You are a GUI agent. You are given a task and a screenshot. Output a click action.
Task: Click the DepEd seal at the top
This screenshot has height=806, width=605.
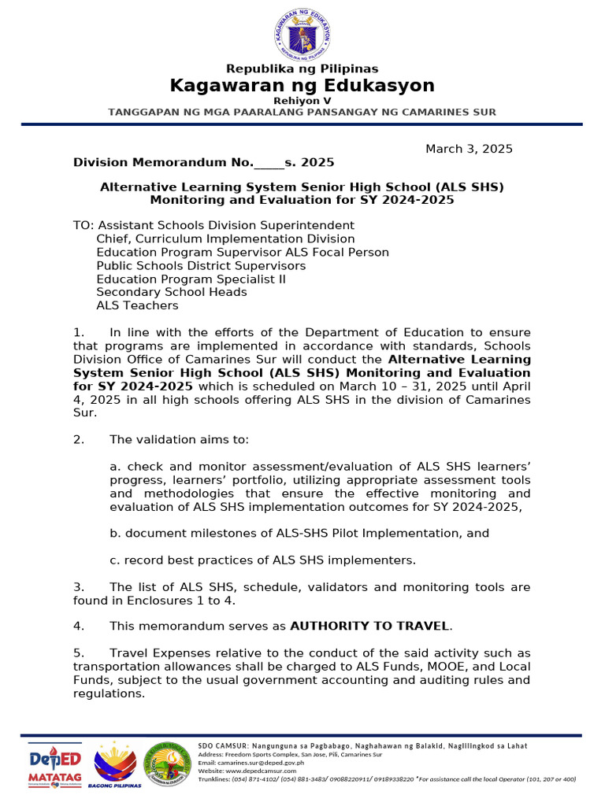(302, 33)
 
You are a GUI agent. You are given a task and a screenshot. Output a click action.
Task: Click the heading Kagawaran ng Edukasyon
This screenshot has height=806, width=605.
(302, 85)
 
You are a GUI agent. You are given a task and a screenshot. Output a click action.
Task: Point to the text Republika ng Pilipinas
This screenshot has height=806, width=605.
(302, 68)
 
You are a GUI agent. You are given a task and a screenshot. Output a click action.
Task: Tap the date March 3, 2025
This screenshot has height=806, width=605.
(469, 149)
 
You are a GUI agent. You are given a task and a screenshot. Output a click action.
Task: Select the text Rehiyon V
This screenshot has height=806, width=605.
(302, 101)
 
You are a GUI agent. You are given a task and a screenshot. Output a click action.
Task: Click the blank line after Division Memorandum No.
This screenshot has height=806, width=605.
(269, 163)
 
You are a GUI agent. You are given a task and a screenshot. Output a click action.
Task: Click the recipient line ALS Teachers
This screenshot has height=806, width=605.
(137, 305)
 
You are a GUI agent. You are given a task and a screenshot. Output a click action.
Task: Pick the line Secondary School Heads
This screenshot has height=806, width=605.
(172, 292)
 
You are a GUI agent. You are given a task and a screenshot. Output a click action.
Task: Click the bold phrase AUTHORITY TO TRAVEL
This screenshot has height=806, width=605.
(370, 627)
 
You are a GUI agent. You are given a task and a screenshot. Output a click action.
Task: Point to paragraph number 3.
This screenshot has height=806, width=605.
(78, 587)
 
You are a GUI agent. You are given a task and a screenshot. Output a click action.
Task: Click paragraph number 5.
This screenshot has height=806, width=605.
(78, 653)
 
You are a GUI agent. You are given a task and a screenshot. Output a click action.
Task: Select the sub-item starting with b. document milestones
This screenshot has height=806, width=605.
(299, 534)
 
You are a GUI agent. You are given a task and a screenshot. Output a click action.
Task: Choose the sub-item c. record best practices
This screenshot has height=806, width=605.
(262, 560)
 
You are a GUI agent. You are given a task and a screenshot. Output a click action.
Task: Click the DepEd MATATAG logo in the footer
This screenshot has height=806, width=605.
(55, 764)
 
